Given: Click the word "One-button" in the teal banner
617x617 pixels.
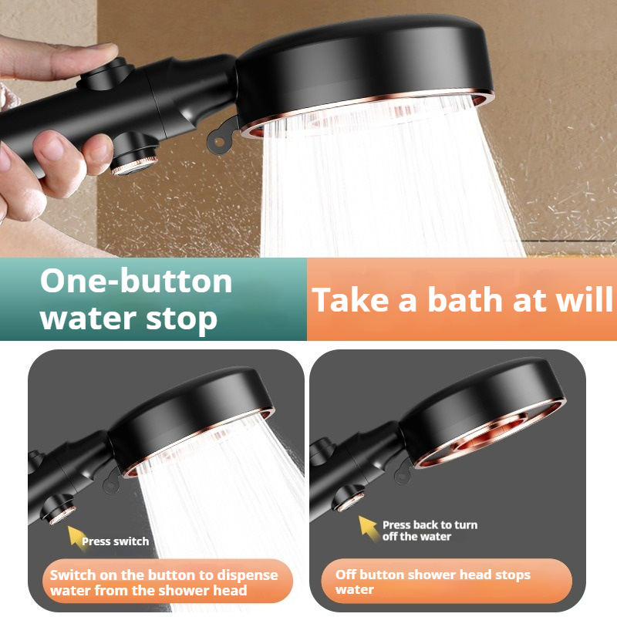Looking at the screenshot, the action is click(x=137, y=281).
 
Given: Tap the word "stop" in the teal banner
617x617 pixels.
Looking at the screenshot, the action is click(x=181, y=319).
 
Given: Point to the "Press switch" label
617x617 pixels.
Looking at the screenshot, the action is click(x=115, y=541).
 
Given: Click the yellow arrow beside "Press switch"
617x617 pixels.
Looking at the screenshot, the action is click(x=75, y=535).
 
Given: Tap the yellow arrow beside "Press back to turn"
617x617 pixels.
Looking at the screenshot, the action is click(x=368, y=527).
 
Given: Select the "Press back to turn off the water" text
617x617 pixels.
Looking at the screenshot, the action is click(x=430, y=531).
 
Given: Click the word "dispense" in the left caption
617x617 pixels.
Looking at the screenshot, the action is click(x=248, y=575).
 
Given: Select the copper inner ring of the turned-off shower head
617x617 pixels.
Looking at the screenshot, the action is click(x=488, y=434).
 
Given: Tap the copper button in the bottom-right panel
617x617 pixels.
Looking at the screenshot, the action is click(x=349, y=498).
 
